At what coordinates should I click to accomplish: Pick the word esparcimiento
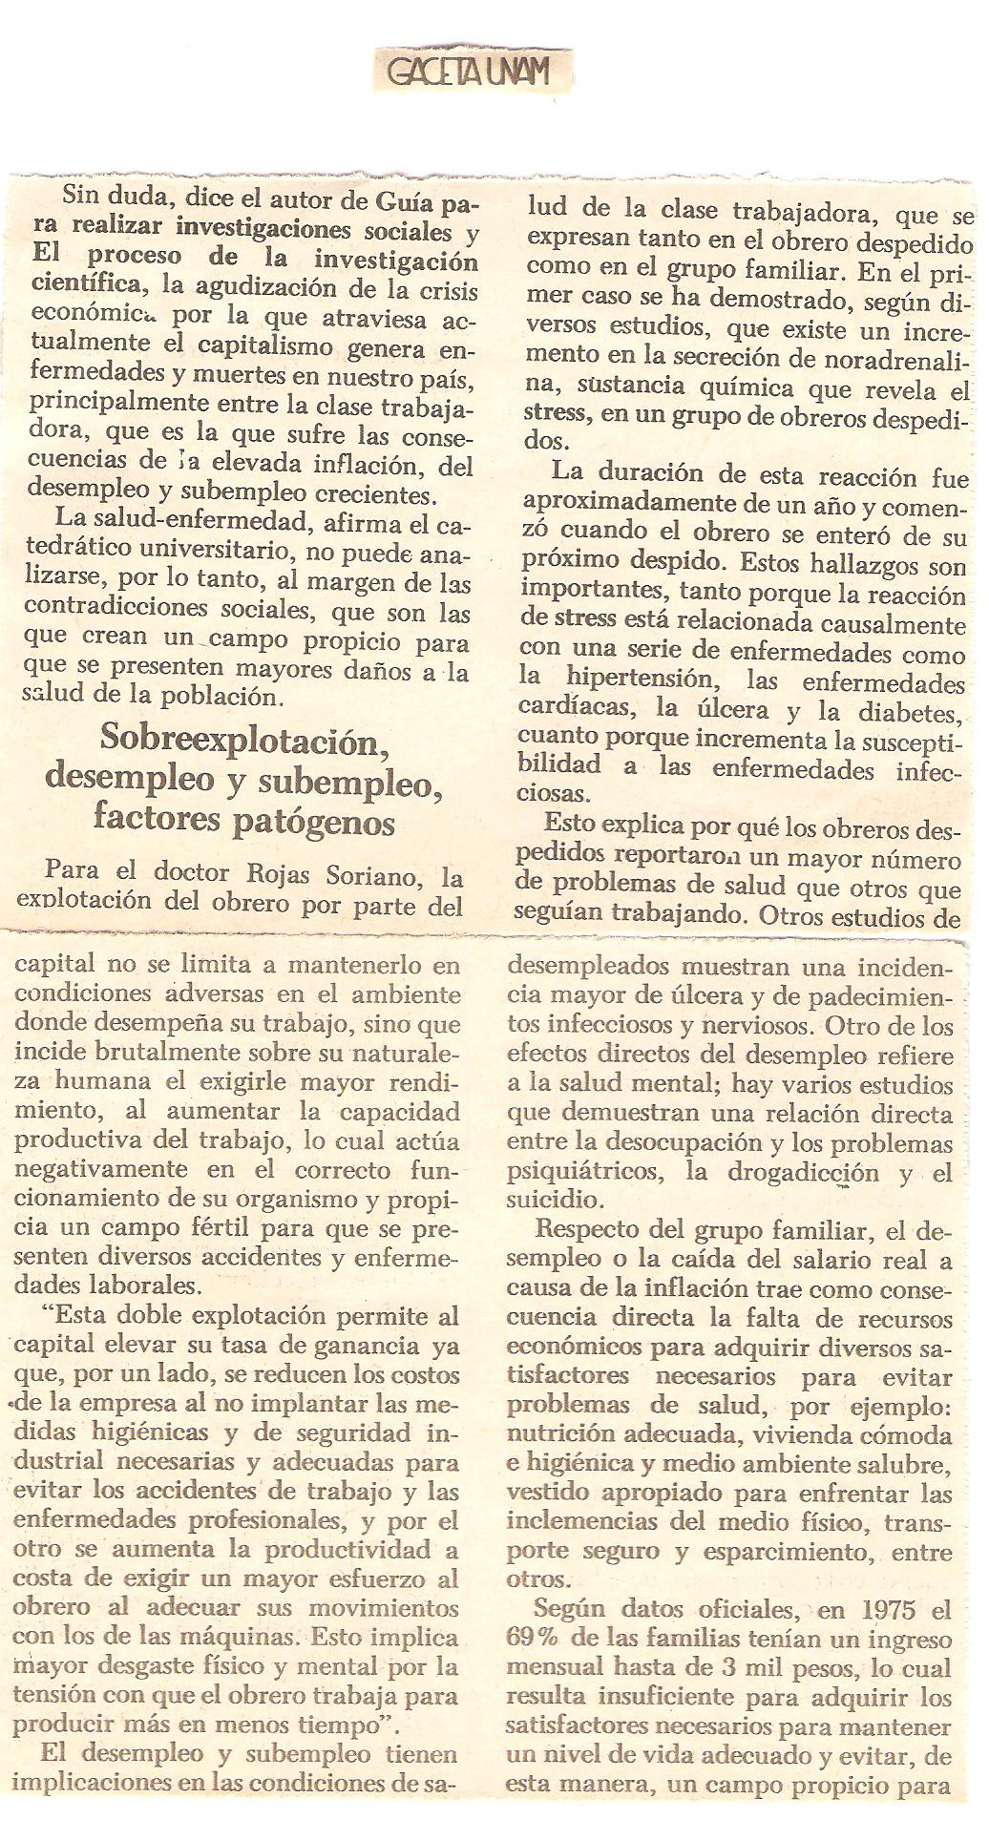pyautogui.click(x=792, y=1552)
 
